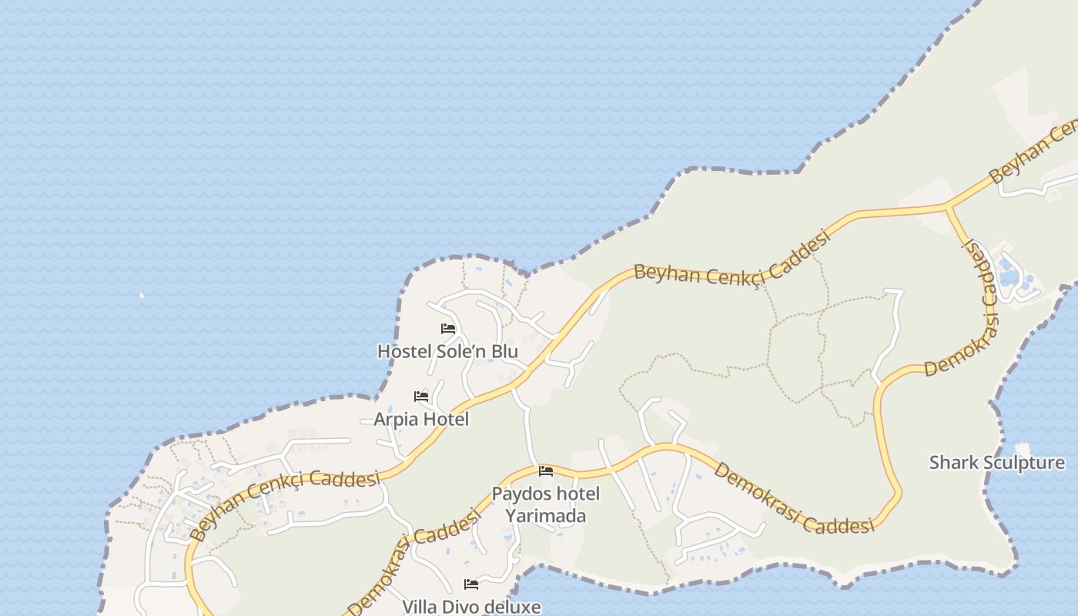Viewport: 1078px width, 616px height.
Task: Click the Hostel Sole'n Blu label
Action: (x=447, y=351)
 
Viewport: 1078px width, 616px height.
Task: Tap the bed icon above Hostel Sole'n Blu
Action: (x=448, y=329)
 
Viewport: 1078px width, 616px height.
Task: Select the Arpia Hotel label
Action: (x=421, y=419)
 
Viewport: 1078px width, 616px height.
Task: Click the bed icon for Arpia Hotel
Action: (x=421, y=397)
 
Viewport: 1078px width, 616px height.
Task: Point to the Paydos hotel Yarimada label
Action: (x=545, y=504)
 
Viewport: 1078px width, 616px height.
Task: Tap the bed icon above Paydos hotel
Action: (x=546, y=470)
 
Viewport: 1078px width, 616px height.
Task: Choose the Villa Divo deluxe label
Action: (x=471, y=607)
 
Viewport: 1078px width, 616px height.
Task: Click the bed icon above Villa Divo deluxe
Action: (x=471, y=584)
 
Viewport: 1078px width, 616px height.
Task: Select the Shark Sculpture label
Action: (x=997, y=463)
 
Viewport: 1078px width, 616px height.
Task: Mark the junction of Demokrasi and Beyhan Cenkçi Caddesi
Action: (x=947, y=206)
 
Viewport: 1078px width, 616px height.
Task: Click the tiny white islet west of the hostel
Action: (x=141, y=294)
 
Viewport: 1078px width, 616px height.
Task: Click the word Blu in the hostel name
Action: (x=505, y=351)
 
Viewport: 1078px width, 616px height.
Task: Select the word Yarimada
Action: (x=545, y=516)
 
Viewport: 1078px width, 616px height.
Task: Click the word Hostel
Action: (x=401, y=351)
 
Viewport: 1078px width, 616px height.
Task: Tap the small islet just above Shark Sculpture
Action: (x=1023, y=447)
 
